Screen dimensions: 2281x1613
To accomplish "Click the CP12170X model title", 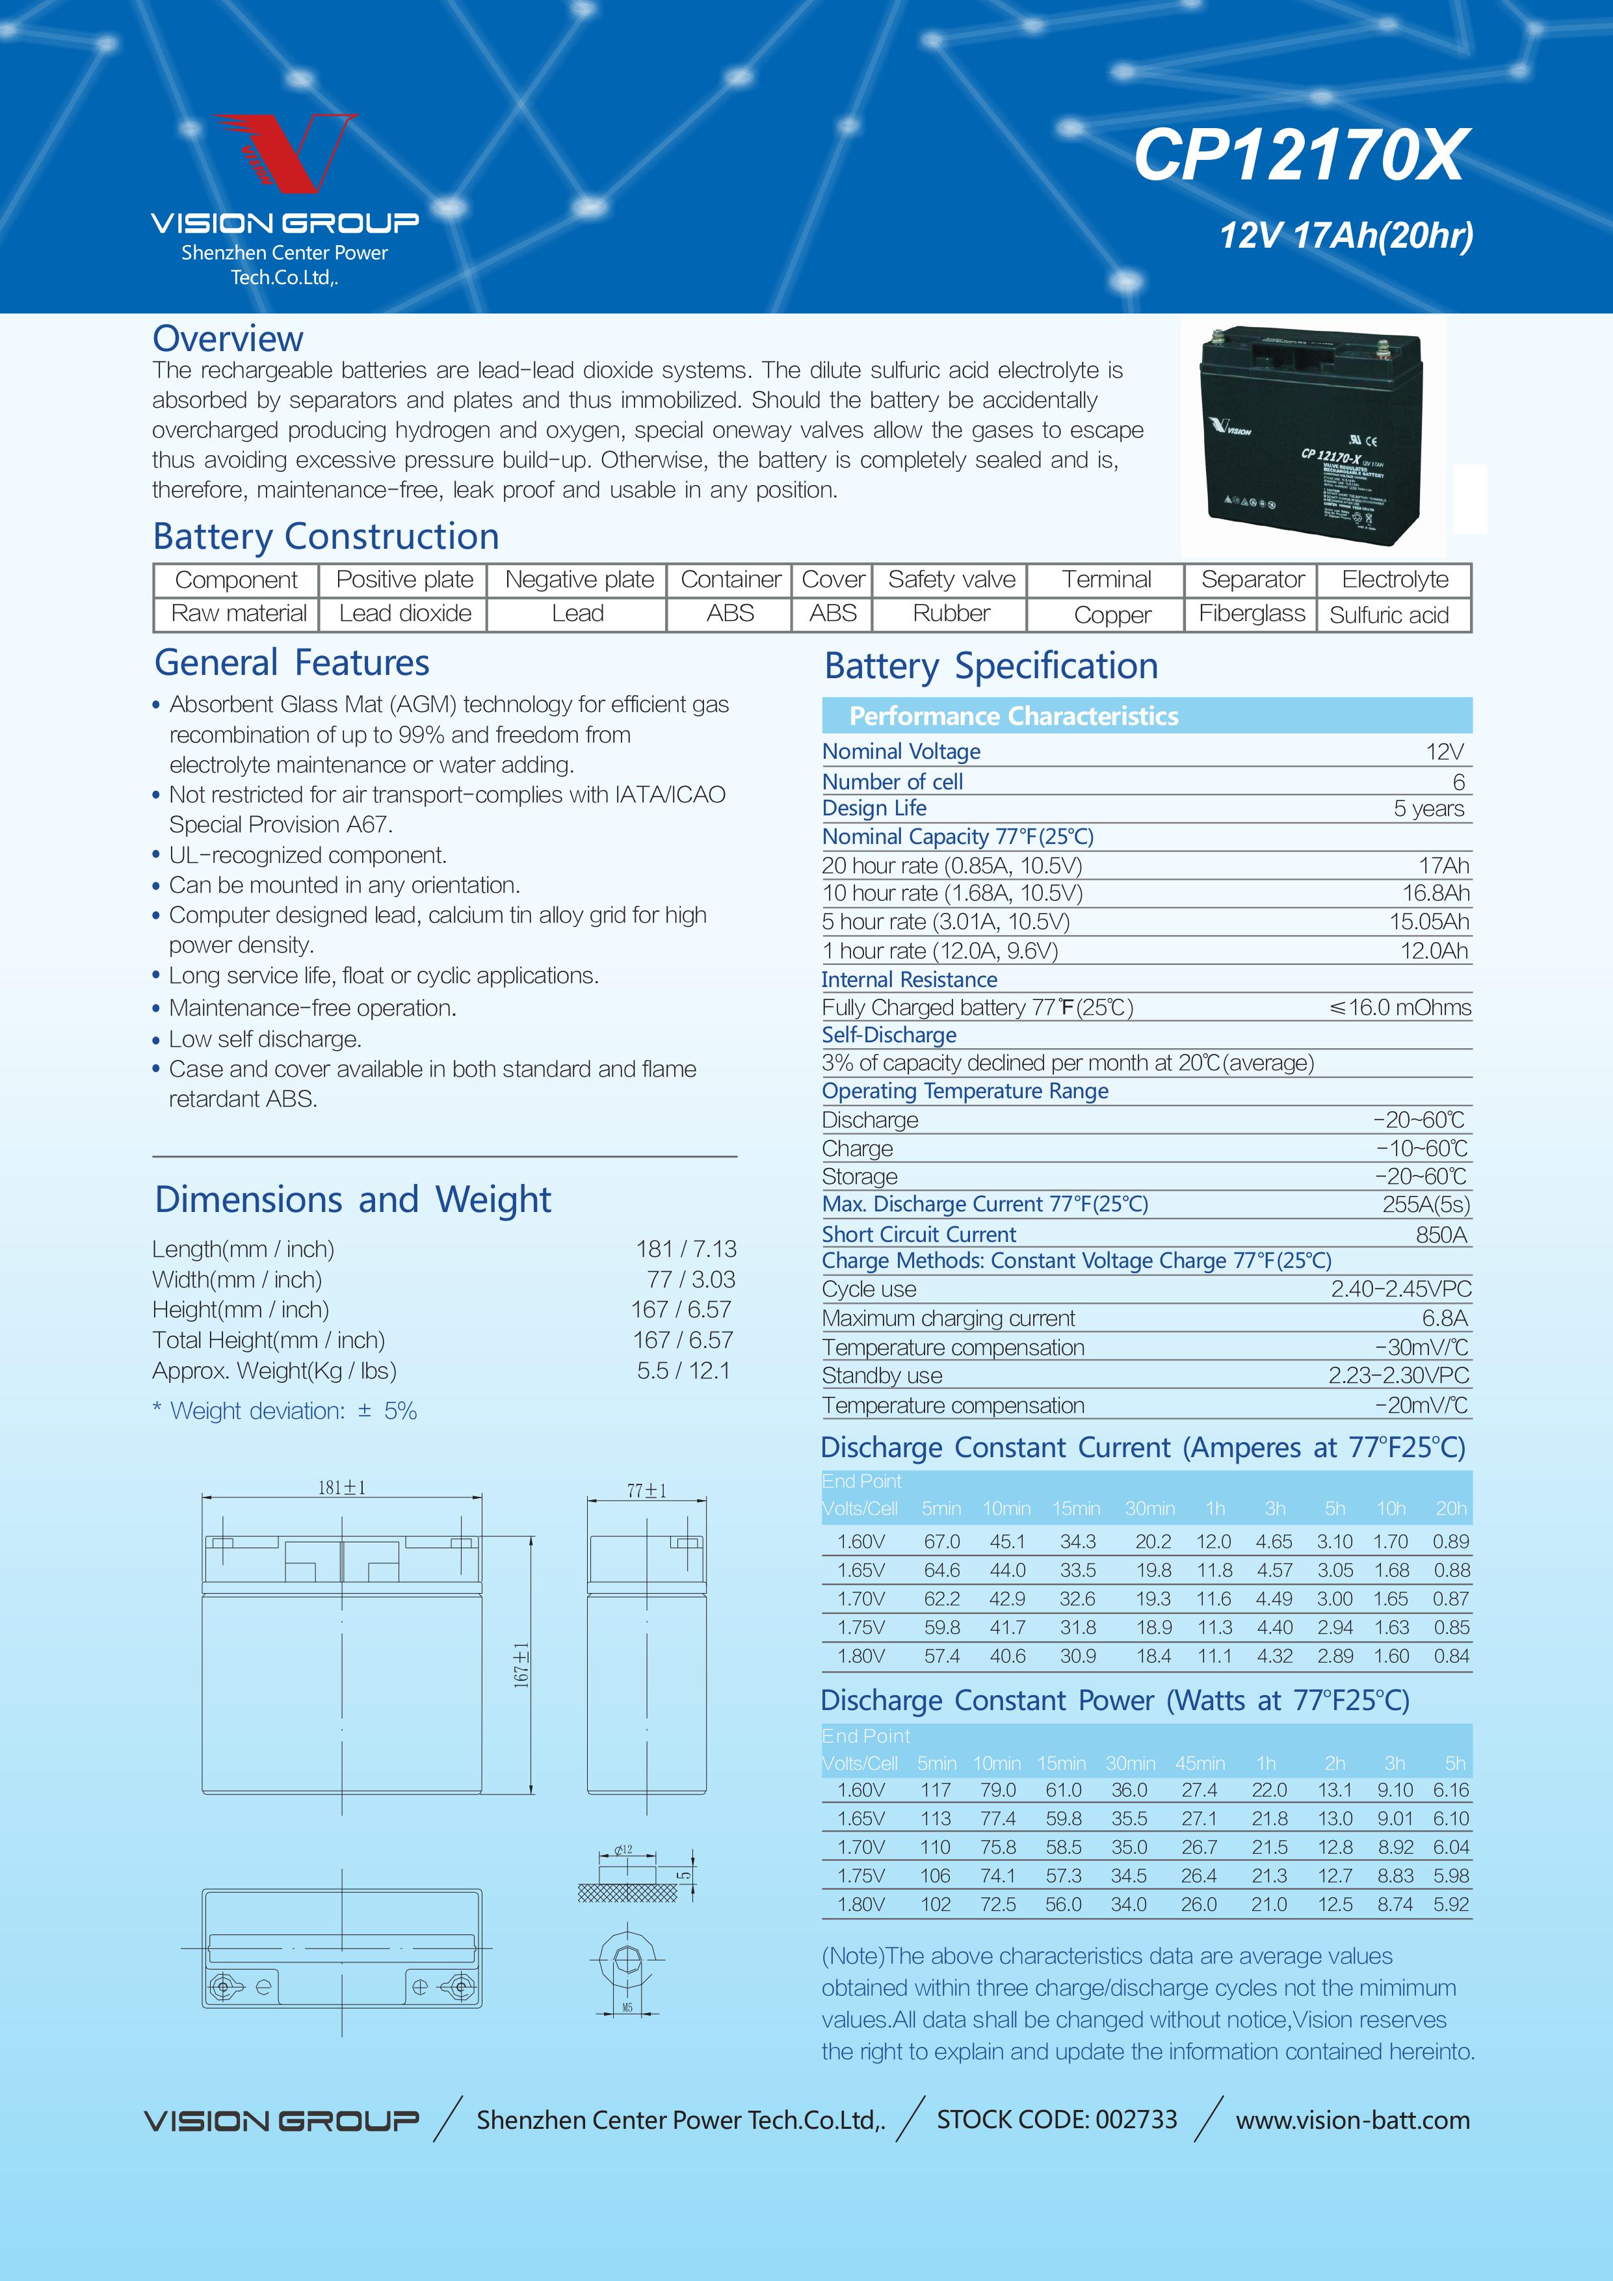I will [1299, 156].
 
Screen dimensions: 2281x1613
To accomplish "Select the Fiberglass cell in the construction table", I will [1252, 614].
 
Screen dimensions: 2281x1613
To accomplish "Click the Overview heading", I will [228, 339].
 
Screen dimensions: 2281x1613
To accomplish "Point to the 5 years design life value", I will [1428, 809].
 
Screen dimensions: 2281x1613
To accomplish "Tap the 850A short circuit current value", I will [1441, 1235].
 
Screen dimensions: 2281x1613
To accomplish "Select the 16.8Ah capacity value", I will [1436, 893].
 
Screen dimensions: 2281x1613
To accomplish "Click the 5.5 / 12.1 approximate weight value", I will [683, 1371].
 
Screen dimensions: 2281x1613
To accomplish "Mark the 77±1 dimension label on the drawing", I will [647, 1490].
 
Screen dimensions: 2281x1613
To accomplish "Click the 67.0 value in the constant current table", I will [941, 1542].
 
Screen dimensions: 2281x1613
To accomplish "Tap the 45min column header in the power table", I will [1200, 1763].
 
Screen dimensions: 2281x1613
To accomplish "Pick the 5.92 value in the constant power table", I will [1450, 1905].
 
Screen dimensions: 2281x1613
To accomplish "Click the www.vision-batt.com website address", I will [1352, 2120].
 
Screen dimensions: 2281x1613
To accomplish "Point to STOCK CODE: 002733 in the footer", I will [1056, 2119].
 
